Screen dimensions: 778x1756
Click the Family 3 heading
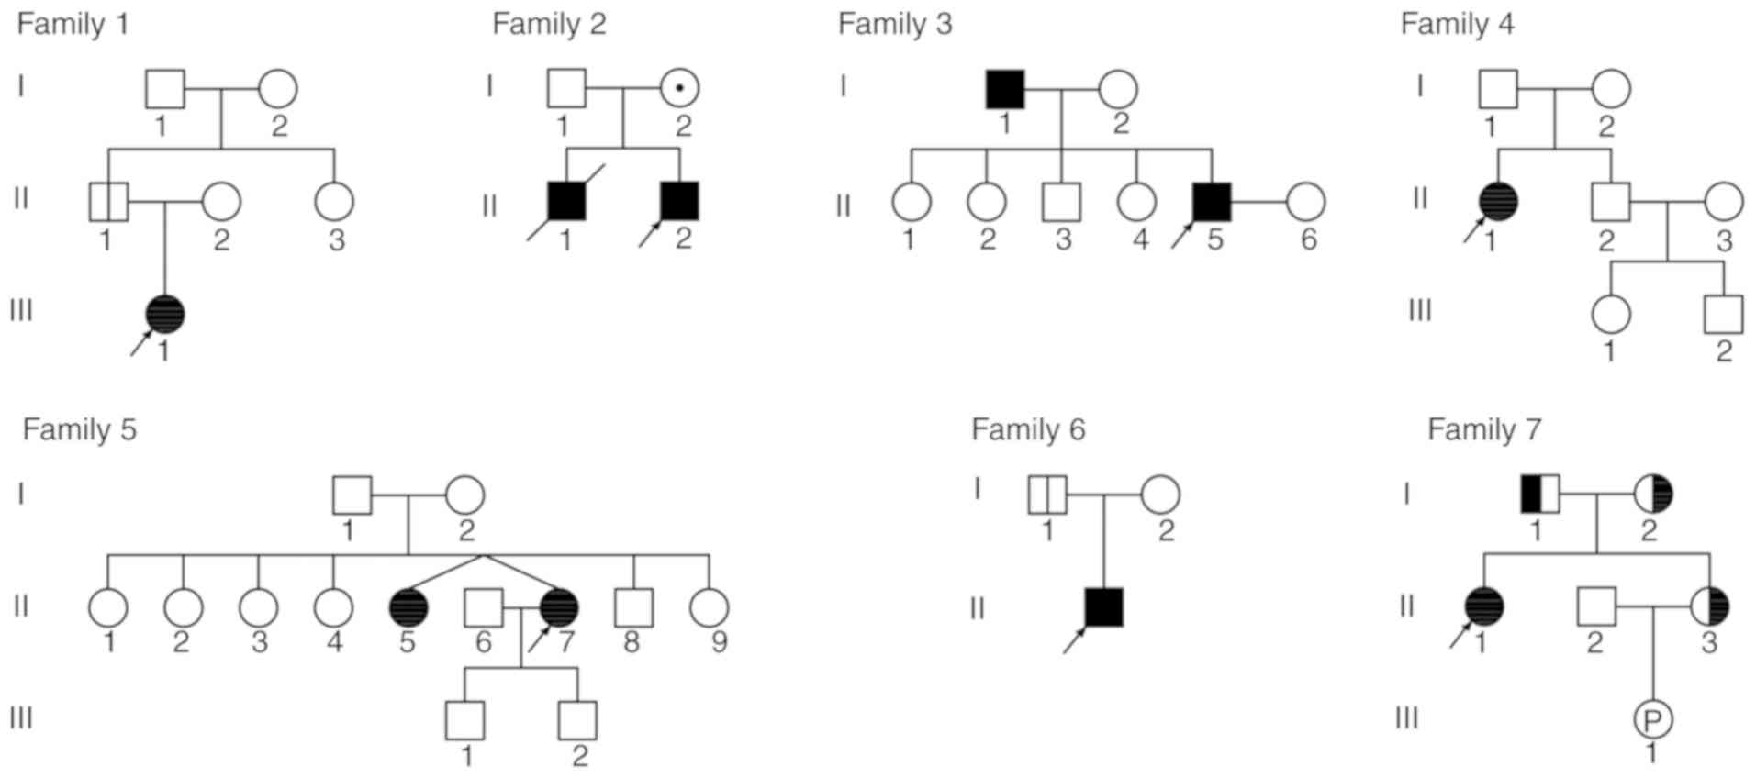(x=894, y=24)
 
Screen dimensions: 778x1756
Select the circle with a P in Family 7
(x=1652, y=720)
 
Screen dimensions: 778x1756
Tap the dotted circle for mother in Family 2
(x=679, y=89)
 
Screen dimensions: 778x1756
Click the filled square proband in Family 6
(x=1103, y=607)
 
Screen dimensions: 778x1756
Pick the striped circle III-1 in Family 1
(x=165, y=314)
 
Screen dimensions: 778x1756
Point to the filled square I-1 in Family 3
(x=1004, y=89)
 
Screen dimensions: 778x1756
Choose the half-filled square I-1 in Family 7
(x=1539, y=495)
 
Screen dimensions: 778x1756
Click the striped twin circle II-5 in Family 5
(x=408, y=607)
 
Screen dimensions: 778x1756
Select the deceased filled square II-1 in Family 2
(x=565, y=201)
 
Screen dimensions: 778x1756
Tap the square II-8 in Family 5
(x=633, y=607)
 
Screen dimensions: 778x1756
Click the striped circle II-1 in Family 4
(x=1498, y=201)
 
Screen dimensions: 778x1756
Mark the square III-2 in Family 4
(x=1723, y=314)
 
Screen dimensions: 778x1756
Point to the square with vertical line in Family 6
(x=1047, y=495)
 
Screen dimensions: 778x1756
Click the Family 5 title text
(x=79, y=429)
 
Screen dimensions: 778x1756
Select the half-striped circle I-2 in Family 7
(x=1653, y=495)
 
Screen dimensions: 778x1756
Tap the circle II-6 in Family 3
(x=1305, y=202)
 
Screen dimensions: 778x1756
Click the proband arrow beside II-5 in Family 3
(x=1181, y=235)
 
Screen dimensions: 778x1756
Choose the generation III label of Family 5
(x=20, y=717)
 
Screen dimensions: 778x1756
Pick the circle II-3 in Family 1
(x=334, y=201)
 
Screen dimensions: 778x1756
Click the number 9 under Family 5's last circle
(x=719, y=641)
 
